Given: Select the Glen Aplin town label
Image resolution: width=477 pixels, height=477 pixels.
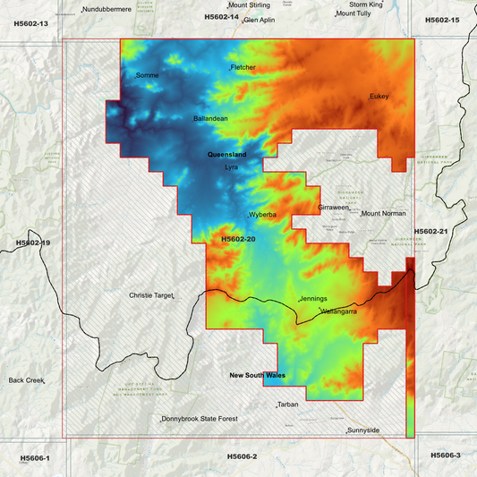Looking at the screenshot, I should click(x=260, y=19).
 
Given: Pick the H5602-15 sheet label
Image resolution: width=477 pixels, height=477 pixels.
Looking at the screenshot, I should click(x=442, y=20).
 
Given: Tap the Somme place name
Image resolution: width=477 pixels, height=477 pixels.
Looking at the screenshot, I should click(x=148, y=75).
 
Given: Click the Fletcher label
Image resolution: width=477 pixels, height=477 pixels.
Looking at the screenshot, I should click(x=243, y=67).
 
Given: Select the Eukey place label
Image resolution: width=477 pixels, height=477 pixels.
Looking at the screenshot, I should click(x=379, y=97).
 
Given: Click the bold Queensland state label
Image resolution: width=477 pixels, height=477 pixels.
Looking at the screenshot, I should click(x=226, y=155).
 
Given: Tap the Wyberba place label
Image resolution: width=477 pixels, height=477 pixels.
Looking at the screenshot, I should click(x=263, y=216).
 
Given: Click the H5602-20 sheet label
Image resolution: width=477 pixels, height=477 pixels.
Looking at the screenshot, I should click(x=238, y=239).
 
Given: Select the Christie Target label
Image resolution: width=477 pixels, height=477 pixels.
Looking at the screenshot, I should click(x=150, y=294).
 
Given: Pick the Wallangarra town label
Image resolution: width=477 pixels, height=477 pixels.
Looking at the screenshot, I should click(x=339, y=311).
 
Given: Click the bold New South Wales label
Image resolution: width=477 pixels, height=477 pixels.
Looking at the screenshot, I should click(x=257, y=376).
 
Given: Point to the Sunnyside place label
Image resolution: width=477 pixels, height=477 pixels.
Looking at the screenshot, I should click(x=364, y=430).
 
